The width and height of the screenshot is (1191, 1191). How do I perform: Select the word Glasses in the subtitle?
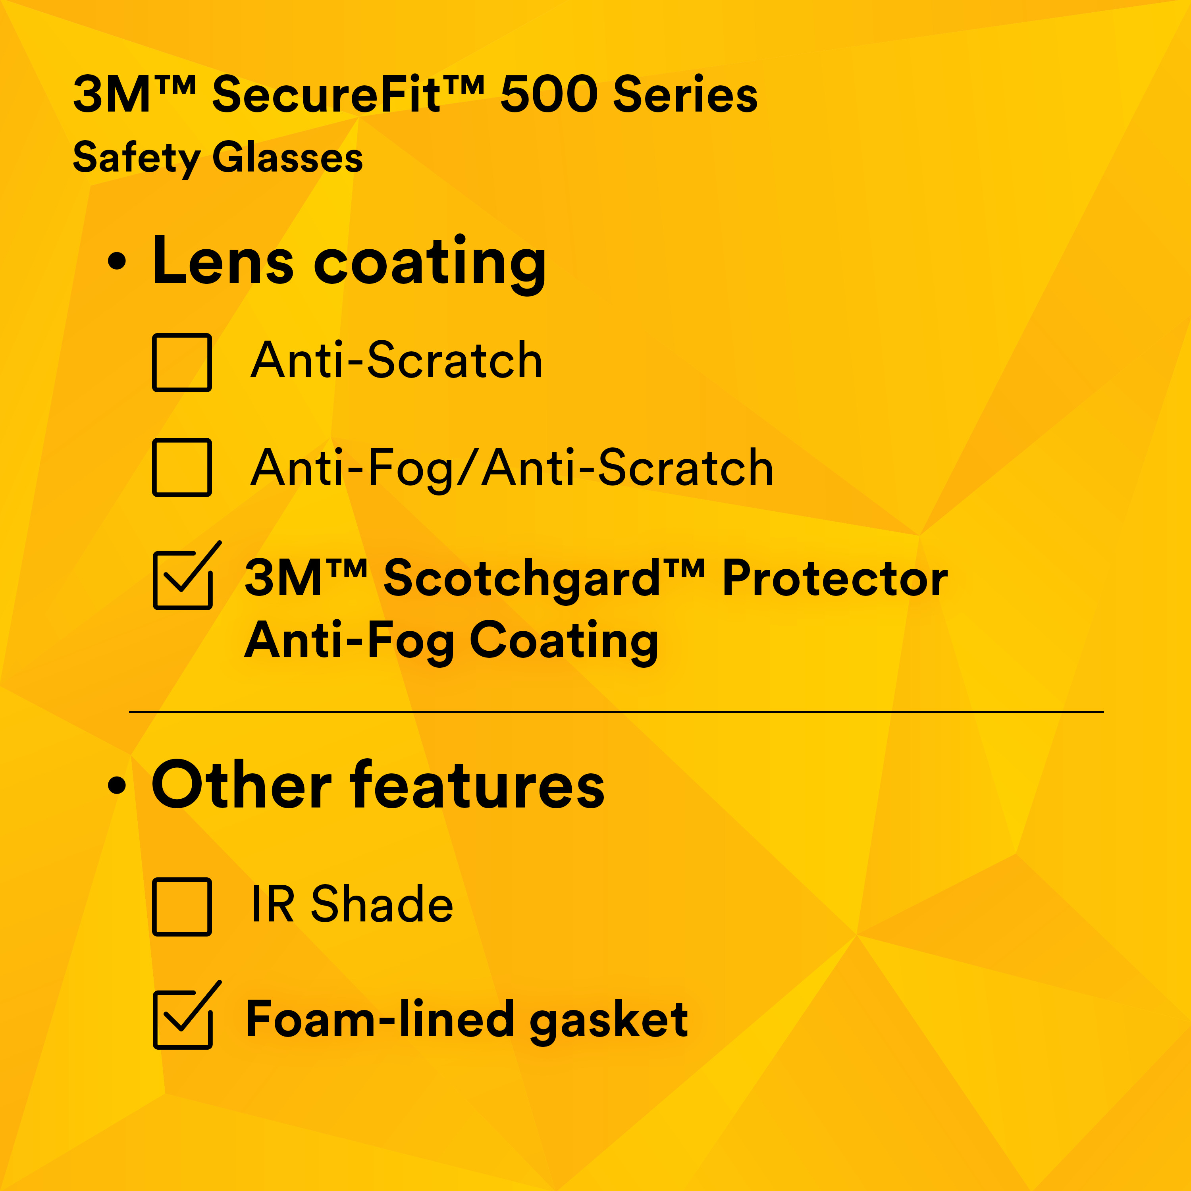coord(287,158)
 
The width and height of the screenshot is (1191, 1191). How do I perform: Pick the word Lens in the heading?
coord(223,261)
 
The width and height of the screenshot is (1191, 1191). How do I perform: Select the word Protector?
coord(834,578)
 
